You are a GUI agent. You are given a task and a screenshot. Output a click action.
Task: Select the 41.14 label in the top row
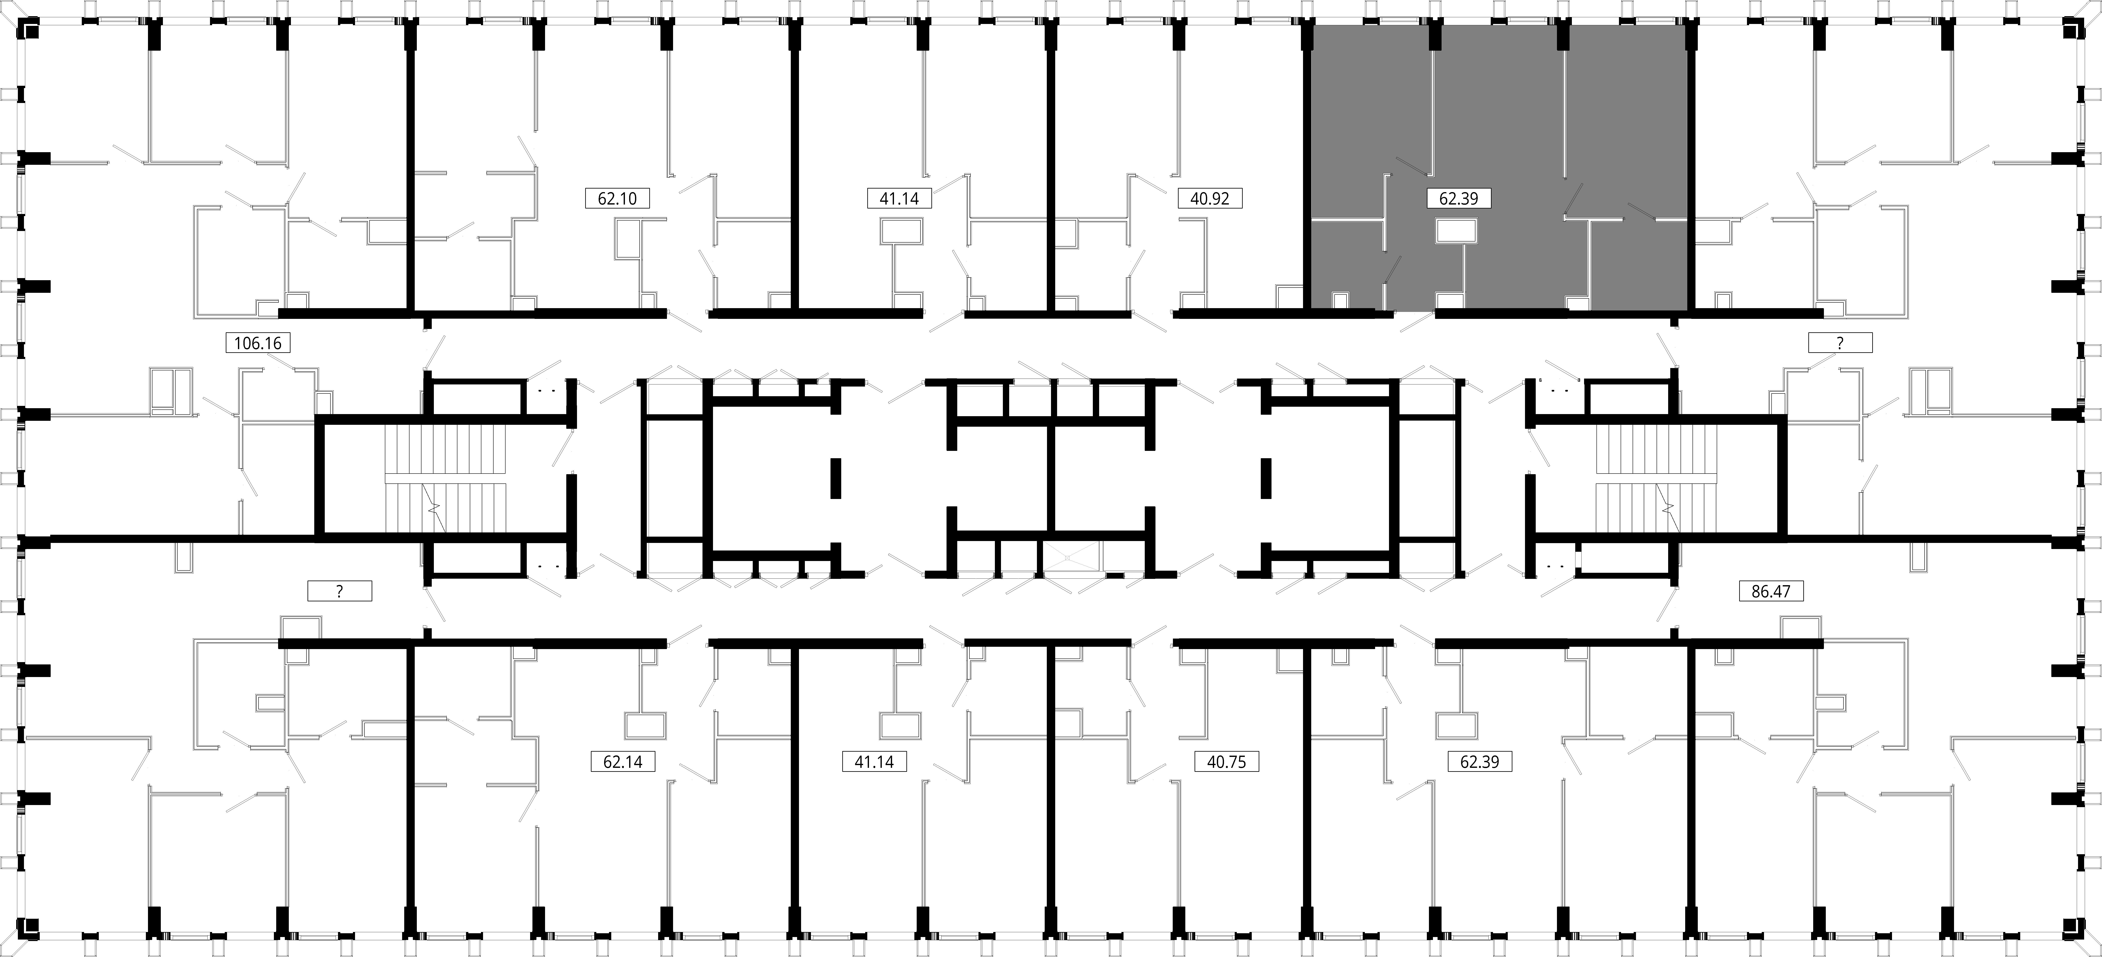(899, 198)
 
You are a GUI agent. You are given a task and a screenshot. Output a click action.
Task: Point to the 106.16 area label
(258, 343)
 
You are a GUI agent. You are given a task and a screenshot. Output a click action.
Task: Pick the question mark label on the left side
(339, 591)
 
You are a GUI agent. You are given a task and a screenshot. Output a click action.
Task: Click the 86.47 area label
(1771, 591)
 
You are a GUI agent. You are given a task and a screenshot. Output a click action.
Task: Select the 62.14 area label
(623, 762)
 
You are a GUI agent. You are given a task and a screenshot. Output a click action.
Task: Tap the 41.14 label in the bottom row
(874, 762)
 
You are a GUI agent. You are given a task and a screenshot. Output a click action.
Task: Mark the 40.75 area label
(1227, 762)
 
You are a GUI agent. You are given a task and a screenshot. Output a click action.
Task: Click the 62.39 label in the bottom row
(1479, 762)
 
